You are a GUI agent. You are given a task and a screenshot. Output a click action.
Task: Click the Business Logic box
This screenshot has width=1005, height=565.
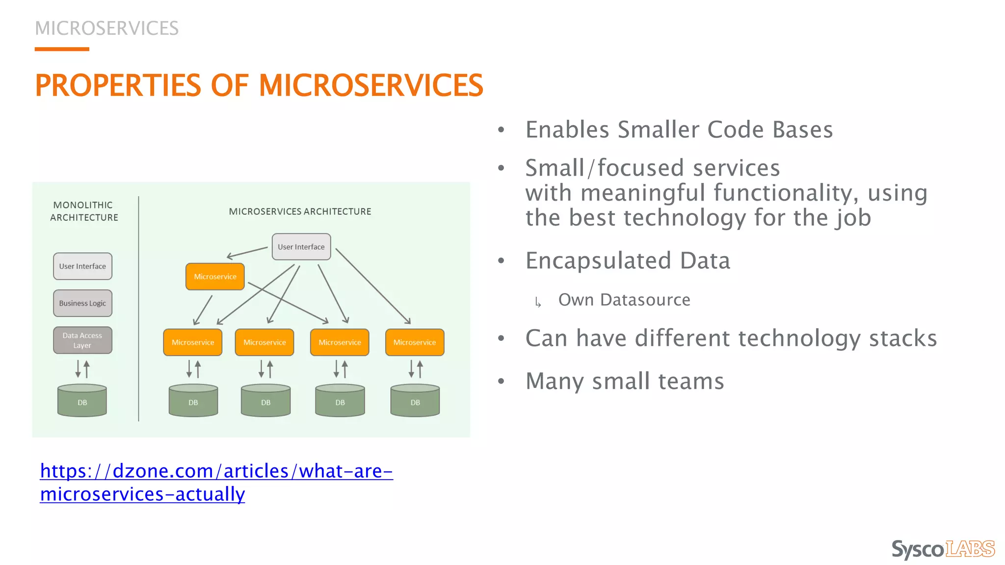[82, 303]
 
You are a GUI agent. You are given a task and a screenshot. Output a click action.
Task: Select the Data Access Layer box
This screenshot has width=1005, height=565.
[82, 340]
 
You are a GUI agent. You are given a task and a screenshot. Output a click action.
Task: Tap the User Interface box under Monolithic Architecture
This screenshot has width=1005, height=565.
[82, 266]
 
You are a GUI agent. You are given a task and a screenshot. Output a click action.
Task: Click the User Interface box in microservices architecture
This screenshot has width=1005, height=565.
[301, 247]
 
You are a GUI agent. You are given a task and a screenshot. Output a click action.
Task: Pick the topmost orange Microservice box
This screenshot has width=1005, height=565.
[215, 277]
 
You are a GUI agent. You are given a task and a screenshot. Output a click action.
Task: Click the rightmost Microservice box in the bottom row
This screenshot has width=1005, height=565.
[415, 342]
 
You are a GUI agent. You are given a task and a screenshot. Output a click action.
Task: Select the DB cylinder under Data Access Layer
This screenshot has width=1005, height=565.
[82, 401]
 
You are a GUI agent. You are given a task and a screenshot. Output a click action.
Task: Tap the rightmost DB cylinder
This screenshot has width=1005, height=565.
[415, 401]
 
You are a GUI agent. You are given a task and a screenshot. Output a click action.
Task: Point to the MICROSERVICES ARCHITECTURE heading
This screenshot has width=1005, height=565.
[300, 211]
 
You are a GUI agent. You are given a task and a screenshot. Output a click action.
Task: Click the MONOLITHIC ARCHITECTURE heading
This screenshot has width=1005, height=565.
[84, 211]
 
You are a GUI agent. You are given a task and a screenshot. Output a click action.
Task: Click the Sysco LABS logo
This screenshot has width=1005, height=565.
[943, 549]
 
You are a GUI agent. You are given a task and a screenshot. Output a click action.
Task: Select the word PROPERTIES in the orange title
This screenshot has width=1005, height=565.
[118, 85]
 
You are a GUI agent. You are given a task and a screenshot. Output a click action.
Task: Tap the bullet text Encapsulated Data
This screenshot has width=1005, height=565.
[628, 260]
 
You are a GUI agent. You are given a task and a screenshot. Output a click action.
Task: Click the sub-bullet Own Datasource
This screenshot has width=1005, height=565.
[624, 300]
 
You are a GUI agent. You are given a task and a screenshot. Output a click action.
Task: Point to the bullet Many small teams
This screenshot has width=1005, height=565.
[625, 381]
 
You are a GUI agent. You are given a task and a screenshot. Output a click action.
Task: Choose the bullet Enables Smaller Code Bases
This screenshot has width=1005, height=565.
[679, 130]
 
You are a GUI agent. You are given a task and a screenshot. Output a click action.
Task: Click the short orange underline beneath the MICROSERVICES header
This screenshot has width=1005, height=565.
[62, 49]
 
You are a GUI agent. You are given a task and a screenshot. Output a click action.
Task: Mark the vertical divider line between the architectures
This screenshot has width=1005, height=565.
[139, 309]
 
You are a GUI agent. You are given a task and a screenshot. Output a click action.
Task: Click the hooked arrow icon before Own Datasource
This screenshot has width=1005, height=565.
[538, 302]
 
